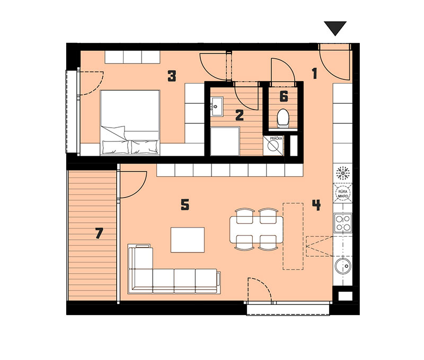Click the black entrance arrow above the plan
(335, 28)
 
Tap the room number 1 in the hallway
(314, 74)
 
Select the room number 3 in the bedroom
(172, 76)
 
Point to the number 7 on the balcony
(99, 233)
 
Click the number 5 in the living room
(185, 205)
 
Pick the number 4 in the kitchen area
(316, 205)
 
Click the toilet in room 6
(283, 118)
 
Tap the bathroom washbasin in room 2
(217, 107)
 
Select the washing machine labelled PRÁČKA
(273, 146)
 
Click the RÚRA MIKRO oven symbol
(342, 193)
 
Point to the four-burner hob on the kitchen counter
(342, 223)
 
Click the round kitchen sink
(343, 266)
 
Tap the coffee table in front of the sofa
(188, 240)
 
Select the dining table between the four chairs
(257, 230)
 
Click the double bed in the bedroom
(130, 123)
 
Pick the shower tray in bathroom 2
(225, 141)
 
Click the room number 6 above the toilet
(284, 96)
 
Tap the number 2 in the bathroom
(240, 115)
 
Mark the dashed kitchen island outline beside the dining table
(293, 236)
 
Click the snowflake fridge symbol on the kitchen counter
(342, 173)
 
